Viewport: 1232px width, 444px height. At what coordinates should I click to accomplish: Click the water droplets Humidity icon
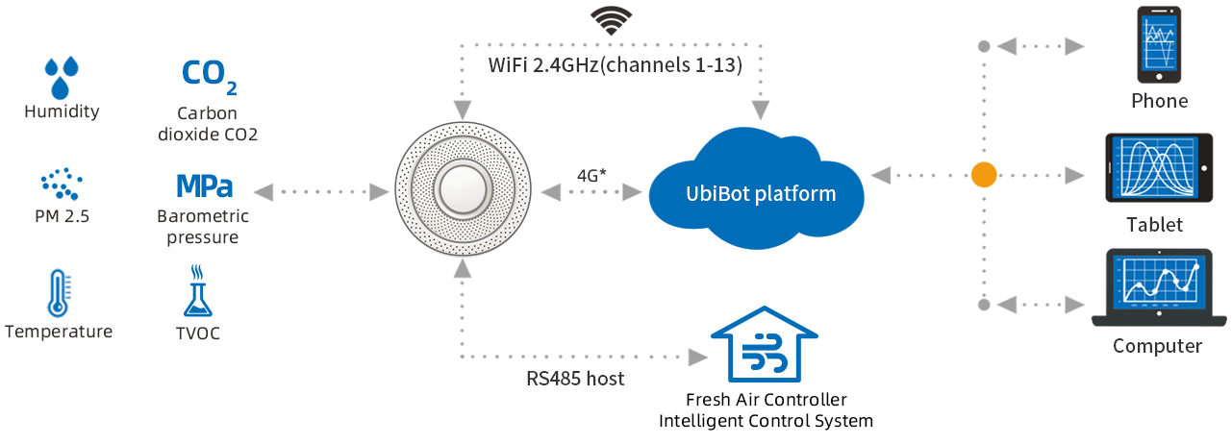[x=62, y=77]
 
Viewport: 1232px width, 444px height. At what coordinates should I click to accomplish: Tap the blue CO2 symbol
[x=209, y=76]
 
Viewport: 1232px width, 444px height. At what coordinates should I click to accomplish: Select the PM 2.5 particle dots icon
[x=61, y=184]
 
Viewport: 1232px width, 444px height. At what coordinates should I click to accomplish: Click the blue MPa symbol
[x=204, y=185]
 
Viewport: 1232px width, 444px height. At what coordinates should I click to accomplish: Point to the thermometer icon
[x=58, y=293]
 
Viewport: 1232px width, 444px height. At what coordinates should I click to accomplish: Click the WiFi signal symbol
[x=611, y=21]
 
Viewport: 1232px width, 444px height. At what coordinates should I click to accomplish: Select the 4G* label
[x=591, y=176]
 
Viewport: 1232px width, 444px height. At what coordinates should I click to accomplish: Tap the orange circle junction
[x=983, y=175]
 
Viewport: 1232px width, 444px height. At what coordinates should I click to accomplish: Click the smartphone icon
[x=1159, y=45]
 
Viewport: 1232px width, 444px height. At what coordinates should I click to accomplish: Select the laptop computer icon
[x=1158, y=288]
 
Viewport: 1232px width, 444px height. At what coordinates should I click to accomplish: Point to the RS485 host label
[x=575, y=379]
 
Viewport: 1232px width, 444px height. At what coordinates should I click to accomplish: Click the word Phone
[x=1159, y=101]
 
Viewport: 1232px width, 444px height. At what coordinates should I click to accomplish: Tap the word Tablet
[x=1155, y=226]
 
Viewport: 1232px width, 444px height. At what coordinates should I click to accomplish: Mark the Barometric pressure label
[x=203, y=227]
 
